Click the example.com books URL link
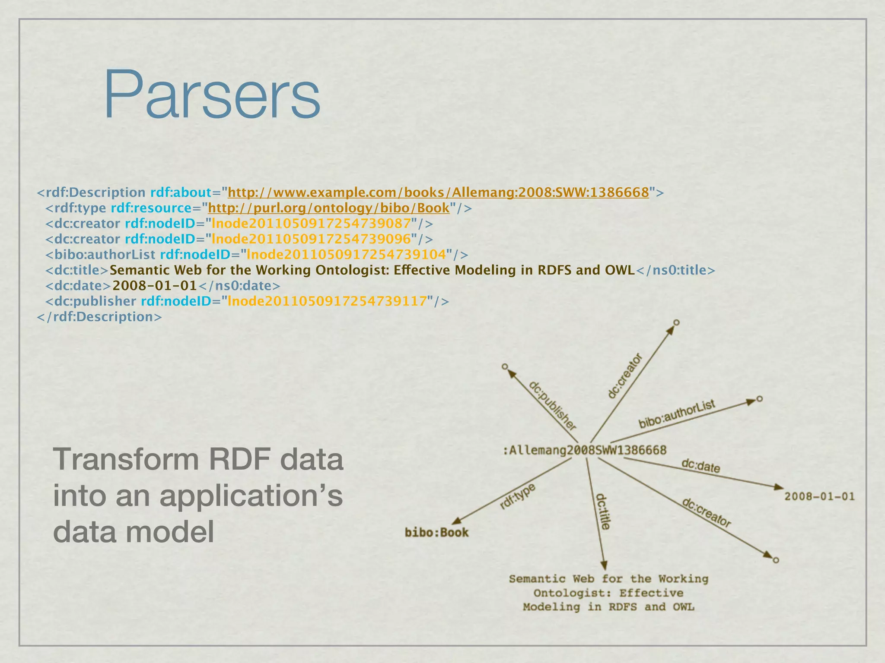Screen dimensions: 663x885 [x=438, y=193]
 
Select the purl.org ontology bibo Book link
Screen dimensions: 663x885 [x=329, y=208]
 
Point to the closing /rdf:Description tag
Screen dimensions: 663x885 [x=99, y=317]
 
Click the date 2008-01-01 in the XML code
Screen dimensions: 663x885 [x=155, y=286]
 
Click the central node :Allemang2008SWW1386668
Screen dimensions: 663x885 [x=584, y=450]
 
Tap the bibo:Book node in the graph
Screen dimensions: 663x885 [x=436, y=533]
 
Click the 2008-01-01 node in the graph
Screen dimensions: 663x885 [x=819, y=496]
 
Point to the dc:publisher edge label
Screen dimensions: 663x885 [x=553, y=406]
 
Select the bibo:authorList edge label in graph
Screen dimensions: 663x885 [x=677, y=414]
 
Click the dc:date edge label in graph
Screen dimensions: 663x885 [x=700, y=466]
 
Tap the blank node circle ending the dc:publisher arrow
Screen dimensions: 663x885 [x=505, y=367]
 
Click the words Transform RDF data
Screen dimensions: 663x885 [x=198, y=460]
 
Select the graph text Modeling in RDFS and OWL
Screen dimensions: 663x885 [x=608, y=607]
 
